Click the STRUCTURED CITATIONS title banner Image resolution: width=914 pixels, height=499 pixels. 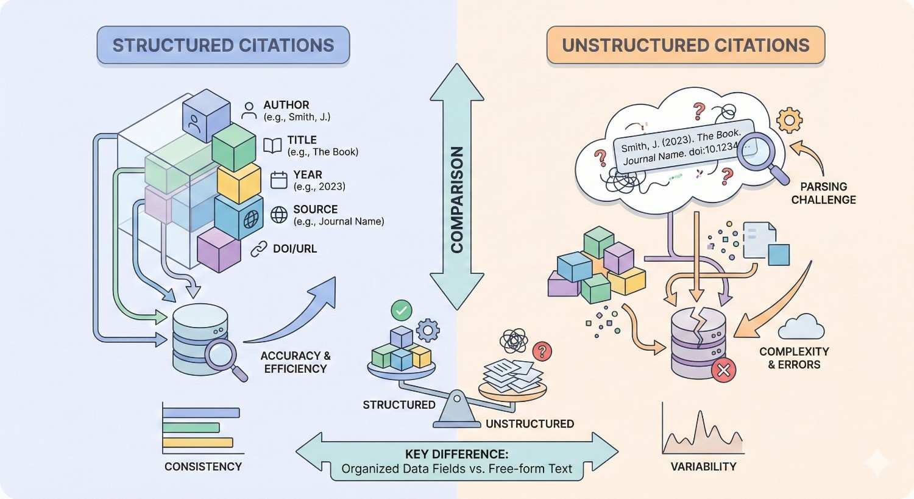pyautogui.click(x=223, y=46)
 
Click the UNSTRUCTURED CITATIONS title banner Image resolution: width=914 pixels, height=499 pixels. pyautogui.click(x=685, y=46)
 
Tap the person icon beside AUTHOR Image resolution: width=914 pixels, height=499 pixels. pyautogui.click(x=249, y=110)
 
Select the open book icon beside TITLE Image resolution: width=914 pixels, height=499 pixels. pyautogui.click(x=272, y=145)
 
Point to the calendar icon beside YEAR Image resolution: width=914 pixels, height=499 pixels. pyautogui.click(x=278, y=180)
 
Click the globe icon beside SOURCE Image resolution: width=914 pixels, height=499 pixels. pyautogui.click(x=278, y=215)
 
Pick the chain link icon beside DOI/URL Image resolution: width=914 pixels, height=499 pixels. pyautogui.click(x=260, y=248)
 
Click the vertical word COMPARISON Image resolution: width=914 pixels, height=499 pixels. pyautogui.click(x=457, y=199)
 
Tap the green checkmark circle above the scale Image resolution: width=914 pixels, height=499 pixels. pyautogui.click(x=401, y=311)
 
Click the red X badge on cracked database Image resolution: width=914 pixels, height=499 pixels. pyautogui.click(x=723, y=370)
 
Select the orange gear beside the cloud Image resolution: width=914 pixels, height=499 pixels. pyautogui.click(x=789, y=120)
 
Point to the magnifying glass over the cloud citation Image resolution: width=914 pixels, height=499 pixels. pyautogui.click(x=757, y=153)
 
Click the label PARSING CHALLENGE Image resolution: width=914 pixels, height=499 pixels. pyautogui.click(x=823, y=193)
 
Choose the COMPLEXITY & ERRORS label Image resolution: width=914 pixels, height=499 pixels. pyautogui.click(x=794, y=358)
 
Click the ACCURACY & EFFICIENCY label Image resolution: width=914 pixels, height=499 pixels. pyautogui.click(x=296, y=362)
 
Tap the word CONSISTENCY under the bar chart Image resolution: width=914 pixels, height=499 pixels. pyautogui.click(x=203, y=467)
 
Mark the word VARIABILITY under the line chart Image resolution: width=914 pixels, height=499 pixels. pyautogui.click(x=703, y=467)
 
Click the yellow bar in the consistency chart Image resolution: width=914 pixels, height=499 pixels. pyautogui.click(x=198, y=442)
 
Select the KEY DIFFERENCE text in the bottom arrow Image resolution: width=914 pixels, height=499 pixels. pyautogui.click(x=456, y=454)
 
